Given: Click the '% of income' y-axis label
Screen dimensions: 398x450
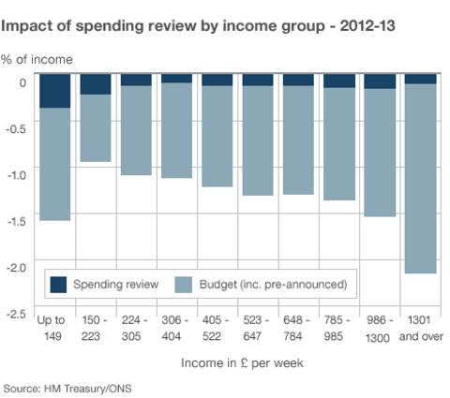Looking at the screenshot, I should tap(37, 60).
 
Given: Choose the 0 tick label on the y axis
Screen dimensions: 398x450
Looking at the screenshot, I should tap(22, 82).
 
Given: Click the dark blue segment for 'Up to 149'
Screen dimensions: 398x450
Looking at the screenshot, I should tap(54, 91).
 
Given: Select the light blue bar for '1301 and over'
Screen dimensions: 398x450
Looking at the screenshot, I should tap(420, 178).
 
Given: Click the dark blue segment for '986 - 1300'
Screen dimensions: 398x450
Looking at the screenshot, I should tap(380, 81).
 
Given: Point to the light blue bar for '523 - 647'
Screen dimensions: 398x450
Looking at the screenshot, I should tap(258, 140).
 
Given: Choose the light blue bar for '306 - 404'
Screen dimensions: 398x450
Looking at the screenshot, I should tap(176, 130).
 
